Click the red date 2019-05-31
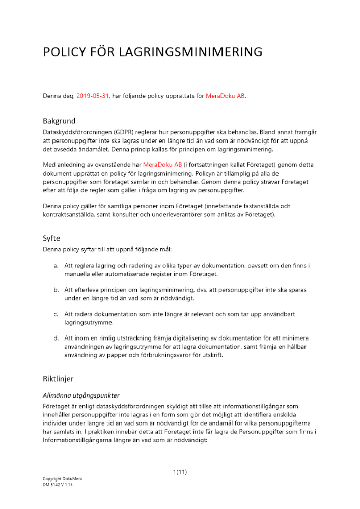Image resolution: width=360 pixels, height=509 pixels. tap(93, 96)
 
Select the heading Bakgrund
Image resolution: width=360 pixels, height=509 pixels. tap(59, 121)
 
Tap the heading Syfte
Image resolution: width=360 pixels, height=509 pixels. tap(52, 238)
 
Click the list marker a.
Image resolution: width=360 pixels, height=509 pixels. tap(56, 266)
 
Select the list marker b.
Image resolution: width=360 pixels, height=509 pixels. tap(56, 289)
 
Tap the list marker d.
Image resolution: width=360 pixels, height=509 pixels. tap(56, 338)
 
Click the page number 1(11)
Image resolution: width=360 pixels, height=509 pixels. tap(180, 472)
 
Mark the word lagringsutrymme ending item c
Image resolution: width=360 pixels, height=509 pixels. tap(87, 322)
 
